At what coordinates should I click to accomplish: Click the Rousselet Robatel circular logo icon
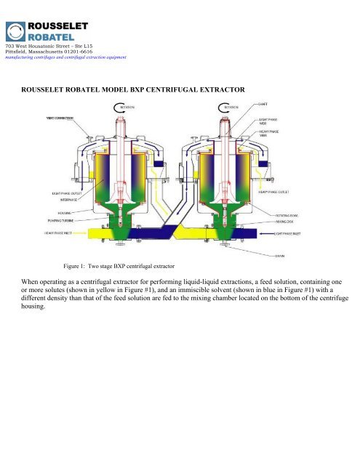click(x=15, y=32)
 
